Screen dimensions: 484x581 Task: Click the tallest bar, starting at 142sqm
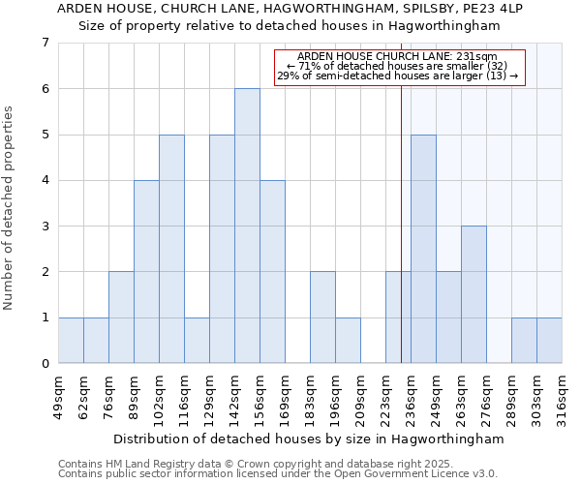(x=247, y=226)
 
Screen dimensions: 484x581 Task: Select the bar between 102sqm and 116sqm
(x=171, y=249)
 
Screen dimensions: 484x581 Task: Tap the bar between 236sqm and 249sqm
(x=423, y=249)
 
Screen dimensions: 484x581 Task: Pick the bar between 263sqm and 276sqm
(x=474, y=294)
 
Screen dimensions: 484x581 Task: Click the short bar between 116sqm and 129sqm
(x=197, y=340)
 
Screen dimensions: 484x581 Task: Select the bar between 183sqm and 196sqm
(x=322, y=318)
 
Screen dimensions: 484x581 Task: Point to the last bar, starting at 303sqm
(x=549, y=340)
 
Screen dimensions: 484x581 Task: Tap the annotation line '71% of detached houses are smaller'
(x=402, y=66)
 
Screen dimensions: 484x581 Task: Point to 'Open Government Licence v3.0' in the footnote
(x=412, y=474)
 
